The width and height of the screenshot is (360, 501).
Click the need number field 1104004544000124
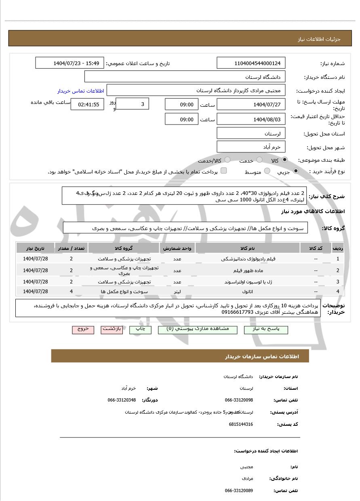click(x=251, y=63)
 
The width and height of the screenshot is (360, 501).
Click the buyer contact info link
click(x=81, y=91)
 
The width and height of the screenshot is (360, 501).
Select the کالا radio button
click(x=285, y=160)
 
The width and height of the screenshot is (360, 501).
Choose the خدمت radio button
click(x=259, y=160)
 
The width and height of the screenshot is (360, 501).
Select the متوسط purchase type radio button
click(x=267, y=171)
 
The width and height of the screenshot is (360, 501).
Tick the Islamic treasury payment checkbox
click(x=224, y=171)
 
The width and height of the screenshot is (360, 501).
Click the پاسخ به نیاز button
click(x=266, y=329)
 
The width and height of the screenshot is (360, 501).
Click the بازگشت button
click(x=112, y=329)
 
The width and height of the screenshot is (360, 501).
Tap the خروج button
click(x=83, y=329)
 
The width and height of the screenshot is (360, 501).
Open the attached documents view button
click(x=198, y=329)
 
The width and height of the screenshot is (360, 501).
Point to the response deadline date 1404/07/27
click(x=251, y=104)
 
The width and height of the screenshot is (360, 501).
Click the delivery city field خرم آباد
click(x=251, y=147)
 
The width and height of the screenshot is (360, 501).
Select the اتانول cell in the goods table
click(x=247, y=291)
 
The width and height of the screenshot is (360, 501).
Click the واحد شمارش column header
click(x=178, y=248)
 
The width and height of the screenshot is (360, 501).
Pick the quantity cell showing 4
click(x=71, y=291)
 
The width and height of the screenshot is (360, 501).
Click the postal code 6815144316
click(x=241, y=424)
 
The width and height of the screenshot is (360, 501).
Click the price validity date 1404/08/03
click(x=251, y=119)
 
